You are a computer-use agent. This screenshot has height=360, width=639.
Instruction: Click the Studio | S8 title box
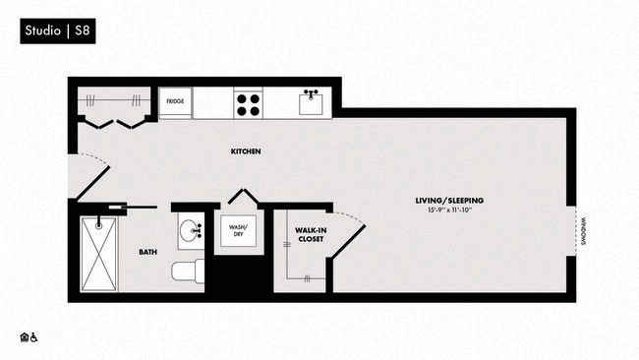58,32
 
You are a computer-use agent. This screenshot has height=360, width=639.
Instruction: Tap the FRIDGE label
175,101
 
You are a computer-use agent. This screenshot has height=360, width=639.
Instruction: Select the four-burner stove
248,102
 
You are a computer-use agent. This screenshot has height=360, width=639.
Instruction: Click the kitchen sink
312,102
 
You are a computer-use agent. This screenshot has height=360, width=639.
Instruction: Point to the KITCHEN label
245,151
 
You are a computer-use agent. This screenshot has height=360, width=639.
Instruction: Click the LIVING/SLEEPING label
449,200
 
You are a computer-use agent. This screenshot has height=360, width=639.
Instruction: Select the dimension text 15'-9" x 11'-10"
449,210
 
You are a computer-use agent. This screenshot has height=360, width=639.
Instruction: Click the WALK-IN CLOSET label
311,235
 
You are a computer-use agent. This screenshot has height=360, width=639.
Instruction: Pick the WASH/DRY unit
239,232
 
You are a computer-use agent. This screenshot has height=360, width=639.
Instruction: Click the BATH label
147,252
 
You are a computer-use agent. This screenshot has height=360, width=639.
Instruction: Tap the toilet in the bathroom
187,270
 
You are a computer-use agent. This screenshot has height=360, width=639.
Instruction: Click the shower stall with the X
99,253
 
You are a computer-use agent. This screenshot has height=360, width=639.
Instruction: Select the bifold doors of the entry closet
116,122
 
